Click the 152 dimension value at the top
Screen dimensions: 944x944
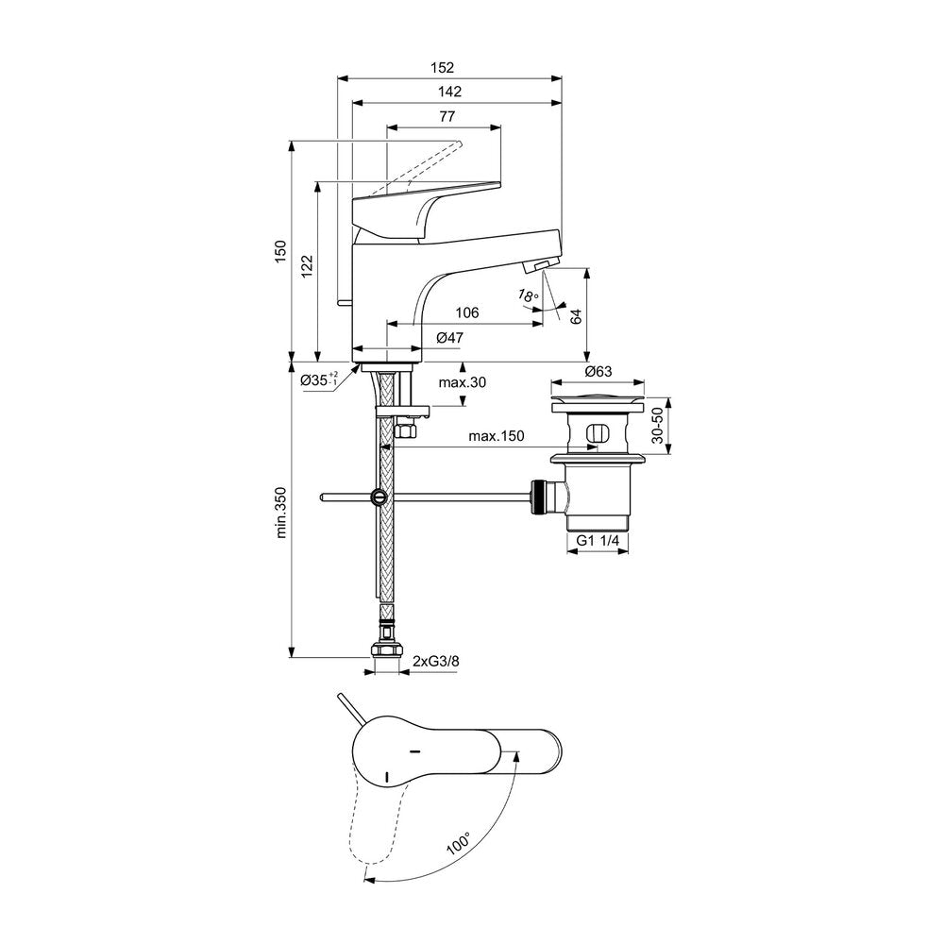click(442, 67)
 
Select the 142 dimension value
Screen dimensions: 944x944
click(449, 92)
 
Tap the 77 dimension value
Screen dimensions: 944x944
click(447, 116)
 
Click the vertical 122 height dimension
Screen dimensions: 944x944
click(307, 266)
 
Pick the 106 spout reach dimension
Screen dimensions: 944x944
click(467, 312)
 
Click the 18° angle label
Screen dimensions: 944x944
click(527, 295)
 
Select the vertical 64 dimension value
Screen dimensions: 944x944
click(576, 316)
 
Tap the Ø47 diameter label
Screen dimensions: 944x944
click(449, 338)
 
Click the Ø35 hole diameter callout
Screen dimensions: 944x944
click(320, 379)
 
